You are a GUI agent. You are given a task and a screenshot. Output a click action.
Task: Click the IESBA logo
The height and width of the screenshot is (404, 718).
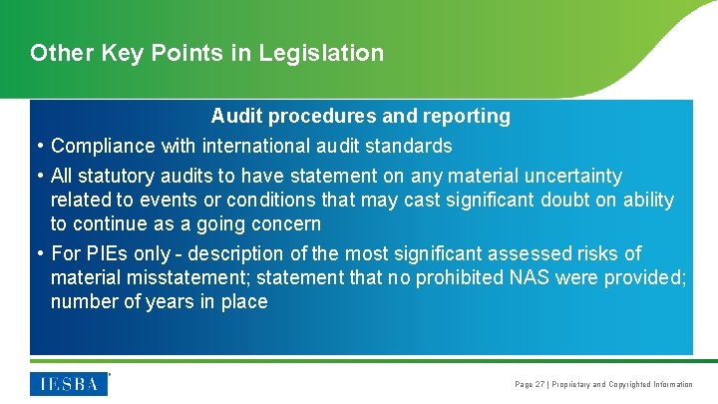tap(69, 383)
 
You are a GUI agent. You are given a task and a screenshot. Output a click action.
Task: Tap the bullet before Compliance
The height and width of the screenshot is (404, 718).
tap(39, 147)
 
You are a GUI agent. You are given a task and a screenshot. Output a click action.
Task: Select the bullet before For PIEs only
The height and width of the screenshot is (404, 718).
tap(39, 254)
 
